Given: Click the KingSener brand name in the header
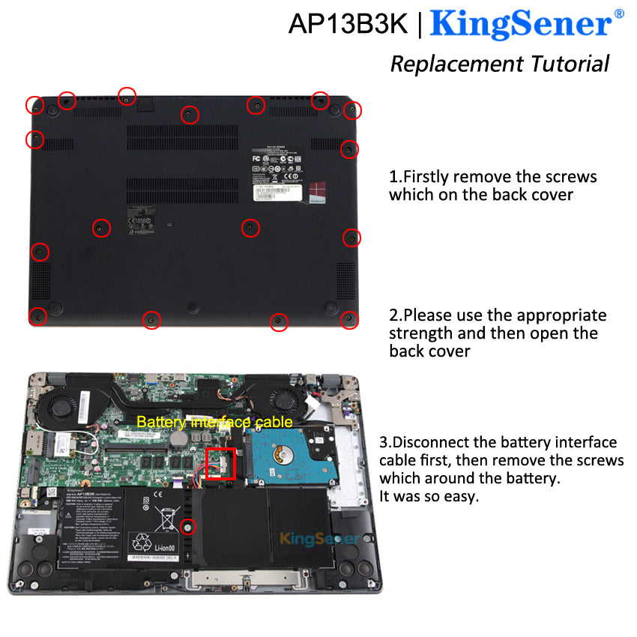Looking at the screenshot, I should (x=521, y=24).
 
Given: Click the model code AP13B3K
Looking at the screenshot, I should (x=348, y=24).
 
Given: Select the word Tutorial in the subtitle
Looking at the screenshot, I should (x=570, y=64).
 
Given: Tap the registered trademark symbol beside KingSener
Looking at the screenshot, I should (x=619, y=13).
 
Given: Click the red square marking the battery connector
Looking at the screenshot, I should (x=220, y=465).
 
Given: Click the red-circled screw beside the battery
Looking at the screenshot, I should (x=189, y=526).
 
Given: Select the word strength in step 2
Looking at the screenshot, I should (x=417, y=333).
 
